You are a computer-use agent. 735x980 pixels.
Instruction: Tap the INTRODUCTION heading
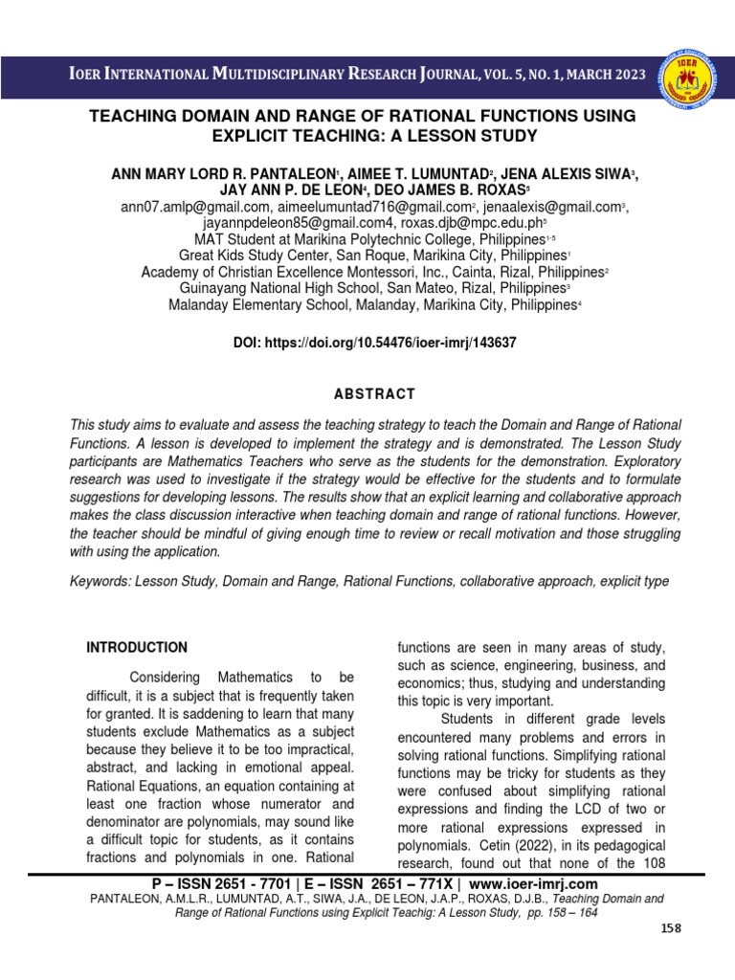coord(137,647)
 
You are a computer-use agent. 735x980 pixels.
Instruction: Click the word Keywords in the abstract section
coord(100,581)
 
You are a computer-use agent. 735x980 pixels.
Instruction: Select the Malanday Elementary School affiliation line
coord(371,304)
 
